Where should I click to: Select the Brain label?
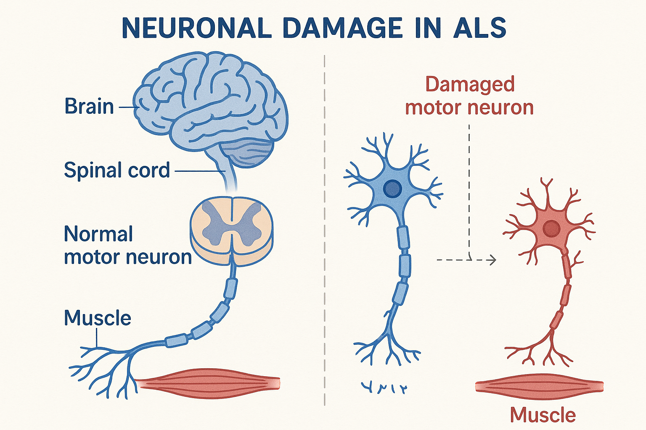click(x=89, y=107)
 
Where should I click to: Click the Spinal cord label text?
click(x=117, y=170)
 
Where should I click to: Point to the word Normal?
click(x=98, y=234)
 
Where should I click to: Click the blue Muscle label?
click(x=98, y=318)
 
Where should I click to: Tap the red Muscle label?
click(x=543, y=415)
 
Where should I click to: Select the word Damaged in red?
click(x=470, y=84)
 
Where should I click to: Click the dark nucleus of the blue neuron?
click(x=392, y=189)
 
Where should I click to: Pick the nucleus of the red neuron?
click(x=551, y=229)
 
